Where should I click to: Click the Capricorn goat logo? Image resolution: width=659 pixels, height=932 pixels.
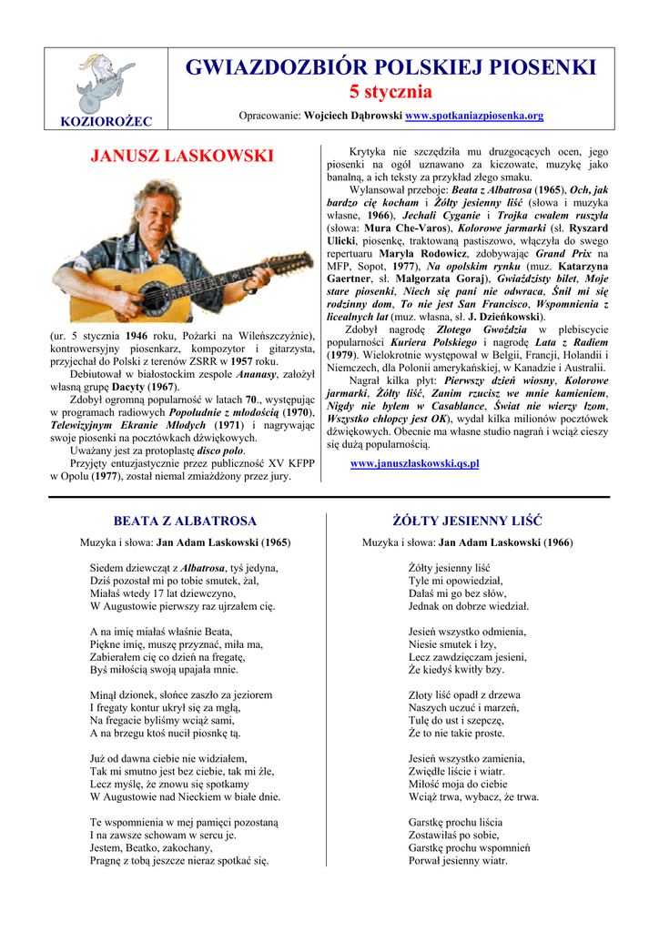106,83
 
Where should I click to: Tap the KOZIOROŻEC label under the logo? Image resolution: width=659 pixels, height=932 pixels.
106,121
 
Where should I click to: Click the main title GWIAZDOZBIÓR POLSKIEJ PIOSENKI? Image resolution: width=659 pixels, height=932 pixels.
390,67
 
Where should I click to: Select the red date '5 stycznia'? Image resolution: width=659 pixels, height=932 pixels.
390,93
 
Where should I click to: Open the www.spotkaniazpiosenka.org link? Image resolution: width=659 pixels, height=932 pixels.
473,116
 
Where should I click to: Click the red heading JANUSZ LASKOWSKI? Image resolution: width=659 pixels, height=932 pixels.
182,156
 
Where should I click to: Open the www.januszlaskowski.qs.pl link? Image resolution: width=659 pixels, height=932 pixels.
414,463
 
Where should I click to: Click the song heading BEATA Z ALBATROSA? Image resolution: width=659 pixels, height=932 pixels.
185,522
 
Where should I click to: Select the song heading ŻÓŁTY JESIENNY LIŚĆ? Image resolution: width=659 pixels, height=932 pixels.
467,522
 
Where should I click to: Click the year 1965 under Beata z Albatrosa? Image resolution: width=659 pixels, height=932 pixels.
275,543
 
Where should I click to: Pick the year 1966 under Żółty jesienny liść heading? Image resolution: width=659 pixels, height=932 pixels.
557,543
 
